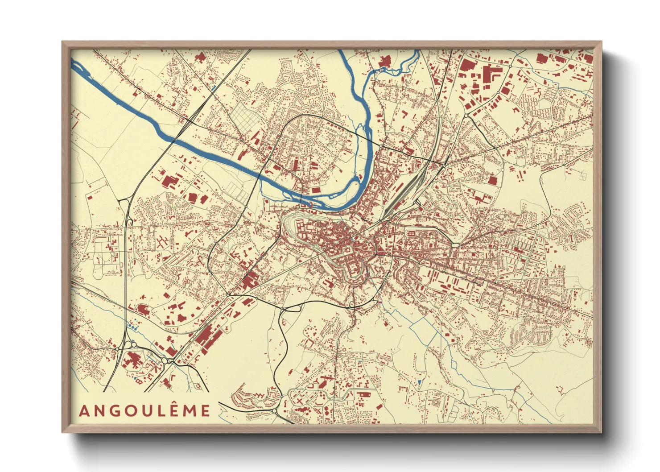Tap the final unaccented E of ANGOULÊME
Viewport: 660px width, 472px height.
coord(205,411)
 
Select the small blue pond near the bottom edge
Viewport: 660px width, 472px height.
coord(420,382)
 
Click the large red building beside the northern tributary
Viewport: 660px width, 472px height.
coord(384,61)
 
